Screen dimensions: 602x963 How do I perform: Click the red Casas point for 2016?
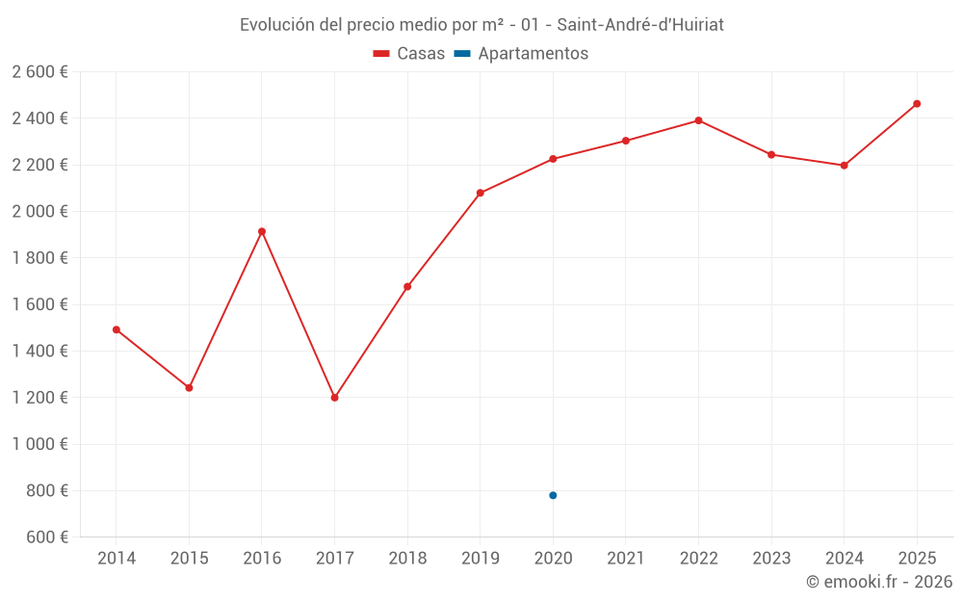point(262,231)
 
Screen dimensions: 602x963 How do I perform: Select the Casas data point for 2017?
point(334,398)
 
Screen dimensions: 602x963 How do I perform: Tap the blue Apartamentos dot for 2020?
point(553,495)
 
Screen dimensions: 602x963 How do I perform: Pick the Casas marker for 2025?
point(917,104)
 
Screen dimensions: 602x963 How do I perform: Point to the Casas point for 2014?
point(117,329)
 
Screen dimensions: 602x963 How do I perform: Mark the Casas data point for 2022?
point(698,120)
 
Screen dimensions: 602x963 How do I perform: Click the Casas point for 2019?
point(481,193)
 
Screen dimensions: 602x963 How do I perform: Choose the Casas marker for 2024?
point(844,166)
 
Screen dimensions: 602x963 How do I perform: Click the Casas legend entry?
point(409,54)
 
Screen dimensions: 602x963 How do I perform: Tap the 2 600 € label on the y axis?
point(39,72)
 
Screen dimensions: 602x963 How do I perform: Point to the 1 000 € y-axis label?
point(39,444)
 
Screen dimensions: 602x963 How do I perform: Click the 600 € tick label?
point(45,537)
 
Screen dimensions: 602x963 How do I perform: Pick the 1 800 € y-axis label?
point(39,258)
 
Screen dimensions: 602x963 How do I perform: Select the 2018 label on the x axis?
point(407,559)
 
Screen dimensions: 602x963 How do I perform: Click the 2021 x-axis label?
point(626,559)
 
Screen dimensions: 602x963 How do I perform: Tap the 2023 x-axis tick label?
point(771,559)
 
